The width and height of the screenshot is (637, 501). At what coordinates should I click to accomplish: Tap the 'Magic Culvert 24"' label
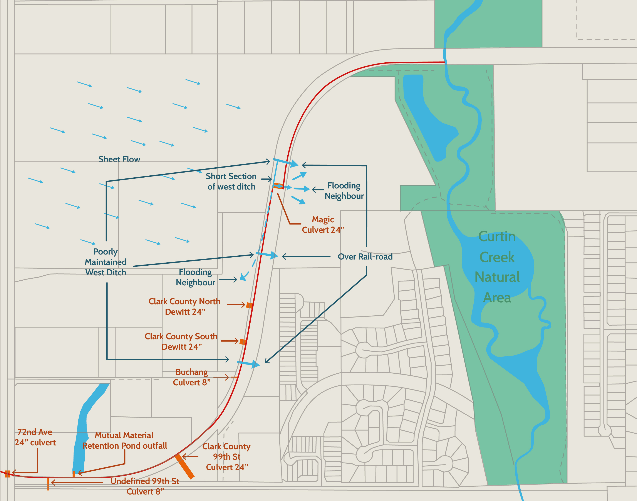click(x=323, y=225)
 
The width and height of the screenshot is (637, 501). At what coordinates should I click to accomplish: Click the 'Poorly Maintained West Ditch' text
click(x=106, y=262)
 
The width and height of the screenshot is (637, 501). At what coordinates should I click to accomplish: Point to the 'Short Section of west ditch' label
click(x=231, y=181)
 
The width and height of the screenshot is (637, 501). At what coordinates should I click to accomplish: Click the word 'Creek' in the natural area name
click(x=497, y=257)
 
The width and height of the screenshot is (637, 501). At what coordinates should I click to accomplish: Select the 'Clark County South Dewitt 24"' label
click(x=181, y=341)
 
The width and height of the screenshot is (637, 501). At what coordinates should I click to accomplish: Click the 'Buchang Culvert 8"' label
click(x=191, y=377)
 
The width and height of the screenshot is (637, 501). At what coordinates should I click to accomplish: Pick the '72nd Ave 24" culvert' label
click(x=35, y=437)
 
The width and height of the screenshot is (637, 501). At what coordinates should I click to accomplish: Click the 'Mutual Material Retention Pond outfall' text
click(x=124, y=440)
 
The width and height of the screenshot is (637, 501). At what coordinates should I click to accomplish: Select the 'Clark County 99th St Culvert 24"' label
click(x=227, y=457)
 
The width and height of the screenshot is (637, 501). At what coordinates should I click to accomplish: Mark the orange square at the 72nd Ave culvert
click(x=8, y=474)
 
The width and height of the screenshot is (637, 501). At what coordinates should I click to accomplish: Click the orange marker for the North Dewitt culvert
click(x=249, y=305)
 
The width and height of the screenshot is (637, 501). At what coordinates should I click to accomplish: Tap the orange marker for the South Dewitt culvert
click(x=243, y=342)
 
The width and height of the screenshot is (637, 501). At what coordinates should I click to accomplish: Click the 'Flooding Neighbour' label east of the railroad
click(x=344, y=191)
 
